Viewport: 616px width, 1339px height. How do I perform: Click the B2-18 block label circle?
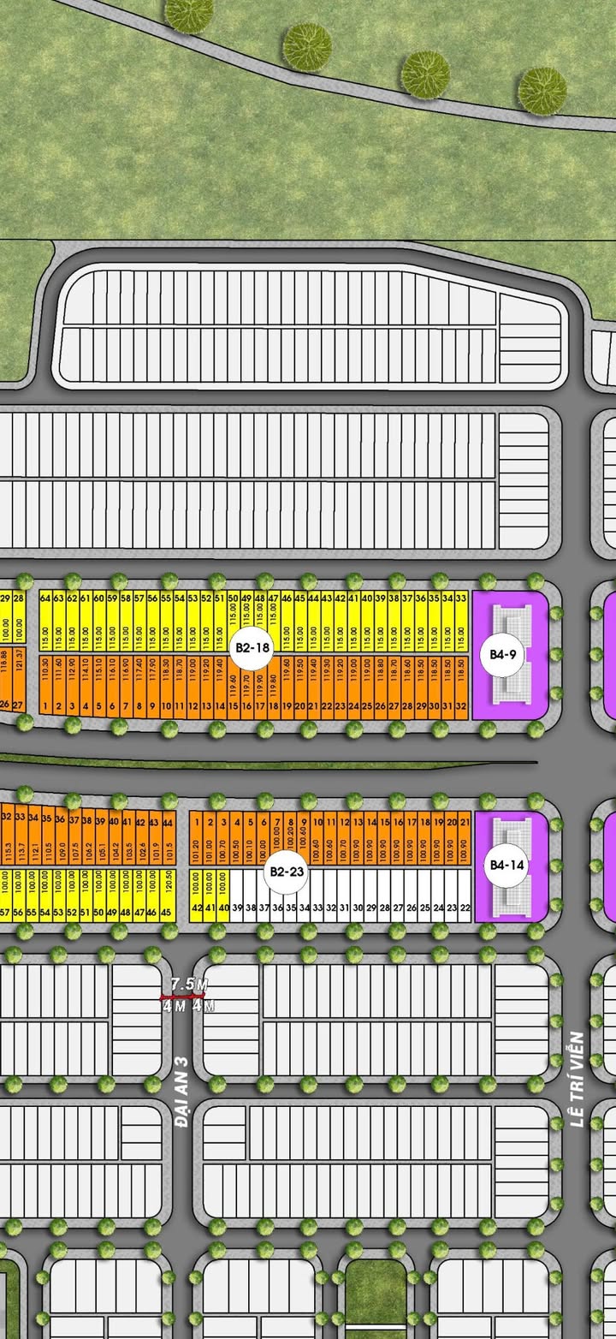(252, 648)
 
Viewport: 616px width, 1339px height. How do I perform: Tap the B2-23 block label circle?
(287, 872)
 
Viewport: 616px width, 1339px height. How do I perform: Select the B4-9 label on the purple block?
(502, 655)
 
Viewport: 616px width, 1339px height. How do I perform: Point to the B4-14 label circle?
(502, 865)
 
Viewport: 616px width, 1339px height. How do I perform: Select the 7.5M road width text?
(188, 984)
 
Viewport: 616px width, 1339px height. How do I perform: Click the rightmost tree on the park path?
(542, 87)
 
